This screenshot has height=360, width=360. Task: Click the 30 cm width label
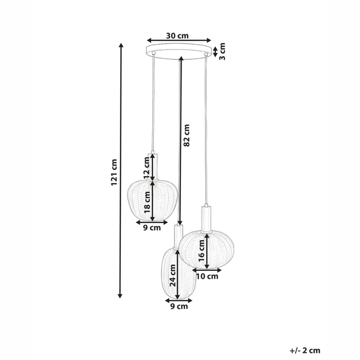click(x=178, y=35)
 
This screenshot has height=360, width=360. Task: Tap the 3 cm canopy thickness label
click(x=223, y=50)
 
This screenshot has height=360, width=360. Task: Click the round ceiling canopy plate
click(x=178, y=51)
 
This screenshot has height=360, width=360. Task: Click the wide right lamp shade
click(x=206, y=249)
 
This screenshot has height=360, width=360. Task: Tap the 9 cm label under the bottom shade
click(x=179, y=307)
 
